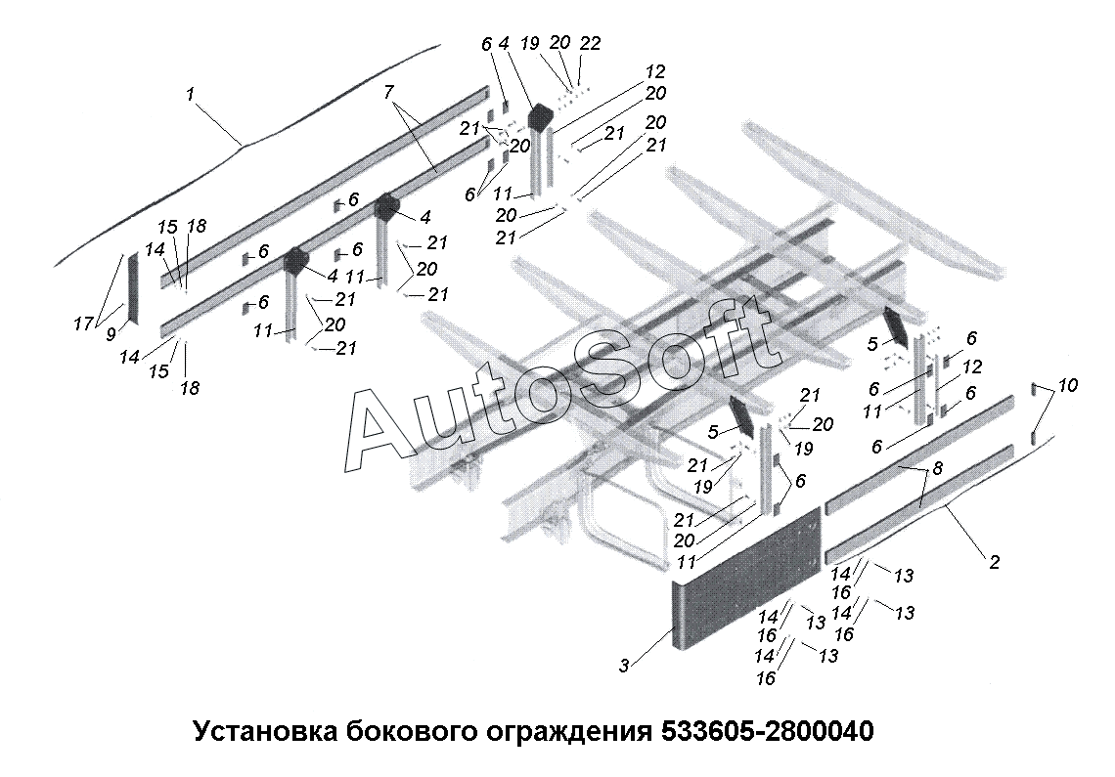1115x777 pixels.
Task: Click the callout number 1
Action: (x=191, y=93)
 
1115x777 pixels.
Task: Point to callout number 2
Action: (x=994, y=562)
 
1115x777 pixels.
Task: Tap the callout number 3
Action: (x=623, y=667)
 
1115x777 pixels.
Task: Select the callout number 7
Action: (x=388, y=92)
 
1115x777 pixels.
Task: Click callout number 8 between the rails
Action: (x=937, y=469)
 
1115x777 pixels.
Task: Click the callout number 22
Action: (x=590, y=43)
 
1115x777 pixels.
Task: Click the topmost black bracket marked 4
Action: (x=539, y=117)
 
